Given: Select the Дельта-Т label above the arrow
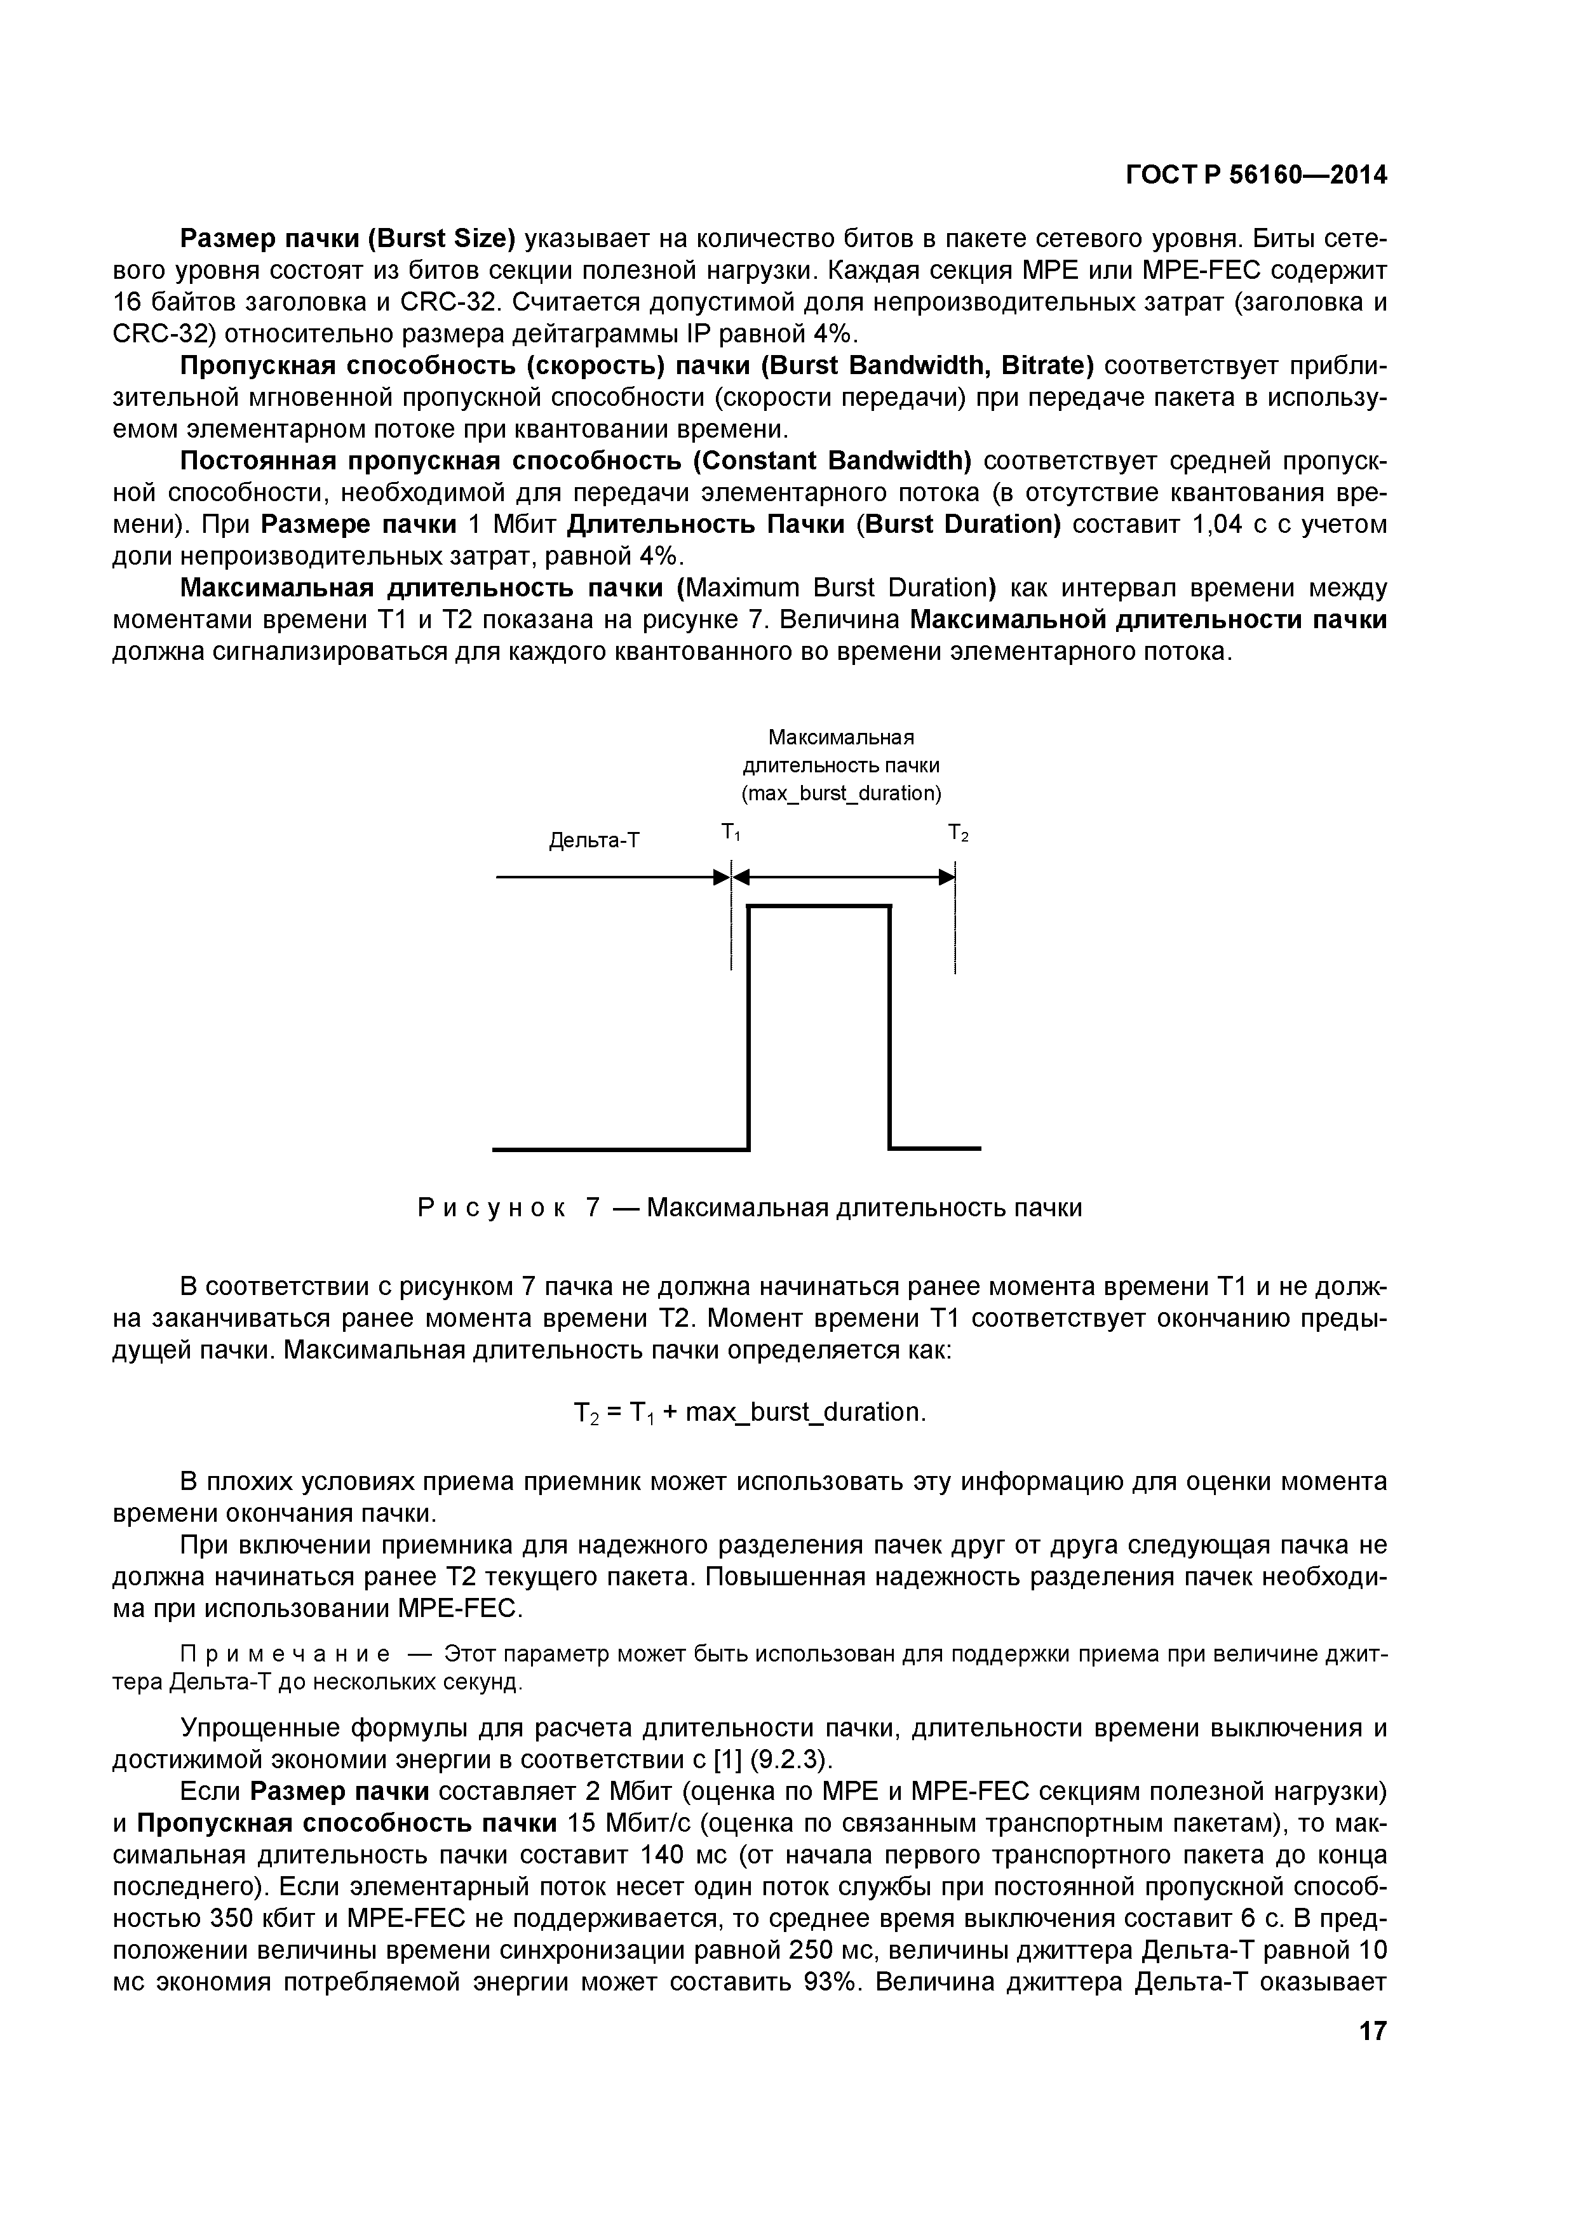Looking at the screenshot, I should pos(594,840).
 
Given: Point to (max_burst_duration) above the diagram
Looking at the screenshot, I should pos(842,794).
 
